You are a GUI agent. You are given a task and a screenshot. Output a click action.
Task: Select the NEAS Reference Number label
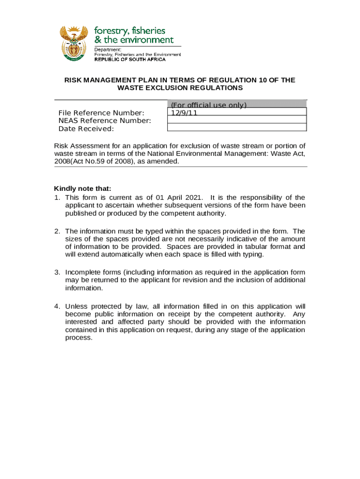(x=105, y=121)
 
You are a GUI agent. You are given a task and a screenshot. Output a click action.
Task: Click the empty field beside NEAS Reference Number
(x=237, y=119)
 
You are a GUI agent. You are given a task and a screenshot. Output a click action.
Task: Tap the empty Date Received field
(x=237, y=127)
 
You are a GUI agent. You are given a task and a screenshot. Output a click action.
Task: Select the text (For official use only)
(x=209, y=105)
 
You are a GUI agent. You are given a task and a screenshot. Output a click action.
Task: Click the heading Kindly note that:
(x=83, y=189)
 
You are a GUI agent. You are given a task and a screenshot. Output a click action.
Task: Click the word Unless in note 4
(x=76, y=306)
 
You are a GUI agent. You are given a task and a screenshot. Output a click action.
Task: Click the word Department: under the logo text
(x=108, y=49)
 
